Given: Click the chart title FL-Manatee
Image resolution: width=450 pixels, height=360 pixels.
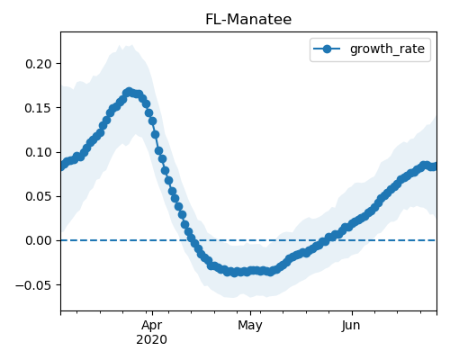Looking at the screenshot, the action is coord(248,20).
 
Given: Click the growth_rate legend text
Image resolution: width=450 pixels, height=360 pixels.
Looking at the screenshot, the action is coord(387,49).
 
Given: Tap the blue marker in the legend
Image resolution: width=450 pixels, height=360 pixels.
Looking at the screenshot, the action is coord(327,49).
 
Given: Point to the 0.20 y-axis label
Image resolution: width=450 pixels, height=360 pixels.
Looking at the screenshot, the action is coord(39,64).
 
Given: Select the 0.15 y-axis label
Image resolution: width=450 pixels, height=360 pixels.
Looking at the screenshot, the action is coord(39,108).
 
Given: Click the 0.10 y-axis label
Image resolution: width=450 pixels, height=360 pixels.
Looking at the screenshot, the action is coord(39,152).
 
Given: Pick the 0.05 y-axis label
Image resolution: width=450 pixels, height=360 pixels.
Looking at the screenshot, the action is coord(39,196).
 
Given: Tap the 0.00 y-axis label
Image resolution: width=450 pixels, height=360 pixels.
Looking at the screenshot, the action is coord(39,240).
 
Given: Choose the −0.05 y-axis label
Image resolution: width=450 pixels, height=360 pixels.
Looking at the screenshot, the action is coord(33,285).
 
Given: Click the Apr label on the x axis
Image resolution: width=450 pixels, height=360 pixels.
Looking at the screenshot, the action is coord(152,326).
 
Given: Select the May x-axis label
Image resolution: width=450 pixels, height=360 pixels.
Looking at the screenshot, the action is coord(250,326).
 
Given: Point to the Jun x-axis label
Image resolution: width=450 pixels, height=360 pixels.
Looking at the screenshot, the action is coord(351,326).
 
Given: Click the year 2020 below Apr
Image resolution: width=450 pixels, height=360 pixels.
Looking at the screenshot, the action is coord(152,340).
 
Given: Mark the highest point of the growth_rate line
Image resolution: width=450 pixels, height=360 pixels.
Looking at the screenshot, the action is coord(129,92).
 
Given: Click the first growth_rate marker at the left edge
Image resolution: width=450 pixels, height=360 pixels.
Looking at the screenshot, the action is coord(61,166).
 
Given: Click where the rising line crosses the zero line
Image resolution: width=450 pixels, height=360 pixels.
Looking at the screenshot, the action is coord(325,240).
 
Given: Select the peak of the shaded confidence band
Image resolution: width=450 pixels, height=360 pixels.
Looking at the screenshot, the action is coord(130,45).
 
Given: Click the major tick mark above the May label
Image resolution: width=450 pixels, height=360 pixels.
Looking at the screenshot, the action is coord(250,313).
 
